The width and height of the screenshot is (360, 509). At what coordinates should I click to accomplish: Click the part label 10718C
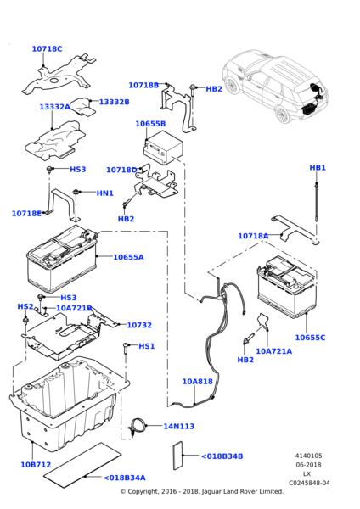(x=47, y=49)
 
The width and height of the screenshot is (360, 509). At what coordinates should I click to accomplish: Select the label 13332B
(x=114, y=102)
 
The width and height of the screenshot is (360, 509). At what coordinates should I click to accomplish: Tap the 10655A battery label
(x=128, y=257)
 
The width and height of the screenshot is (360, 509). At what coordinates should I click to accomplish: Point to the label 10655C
(x=310, y=338)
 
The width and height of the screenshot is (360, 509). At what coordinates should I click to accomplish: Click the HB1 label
(x=318, y=167)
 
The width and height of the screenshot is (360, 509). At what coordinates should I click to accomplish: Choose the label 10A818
(x=197, y=382)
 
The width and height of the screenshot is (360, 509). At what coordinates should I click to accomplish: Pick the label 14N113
(x=178, y=426)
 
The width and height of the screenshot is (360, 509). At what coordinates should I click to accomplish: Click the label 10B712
(x=36, y=465)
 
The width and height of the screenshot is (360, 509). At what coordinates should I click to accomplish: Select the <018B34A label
(x=125, y=478)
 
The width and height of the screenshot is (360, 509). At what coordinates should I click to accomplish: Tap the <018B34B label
(x=222, y=456)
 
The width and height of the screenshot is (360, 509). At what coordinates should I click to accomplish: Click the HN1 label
(x=105, y=193)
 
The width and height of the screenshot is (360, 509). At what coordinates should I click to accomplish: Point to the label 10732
(x=139, y=325)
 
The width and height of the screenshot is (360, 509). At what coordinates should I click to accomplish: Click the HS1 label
(x=147, y=346)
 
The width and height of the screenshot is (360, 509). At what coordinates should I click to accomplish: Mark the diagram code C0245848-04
(x=309, y=483)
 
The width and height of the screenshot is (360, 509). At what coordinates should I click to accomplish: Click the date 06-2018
(x=308, y=465)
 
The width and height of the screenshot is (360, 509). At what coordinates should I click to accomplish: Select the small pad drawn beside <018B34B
(x=177, y=456)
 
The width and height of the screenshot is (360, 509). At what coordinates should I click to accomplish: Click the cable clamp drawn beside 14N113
(x=138, y=426)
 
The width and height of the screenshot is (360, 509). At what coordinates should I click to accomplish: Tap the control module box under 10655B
(x=163, y=148)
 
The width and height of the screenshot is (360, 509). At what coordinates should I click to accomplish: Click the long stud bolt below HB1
(x=316, y=202)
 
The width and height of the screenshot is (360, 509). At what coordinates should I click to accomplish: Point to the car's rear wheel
(x=283, y=114)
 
